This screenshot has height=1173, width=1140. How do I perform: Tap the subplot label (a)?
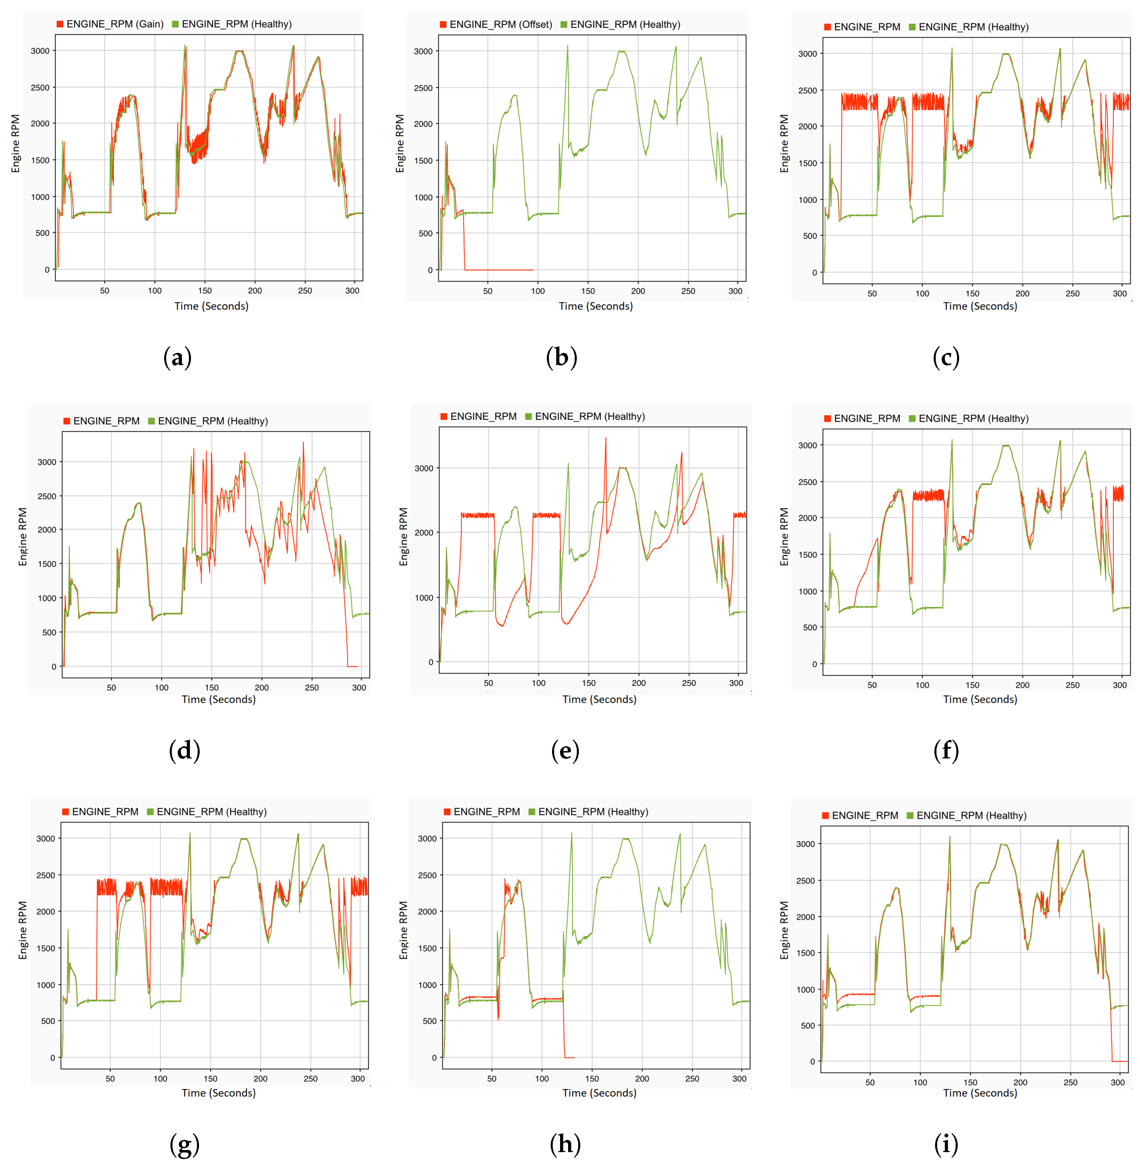coord(177,357)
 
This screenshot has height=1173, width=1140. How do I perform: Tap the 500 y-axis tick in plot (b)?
coord(425,233)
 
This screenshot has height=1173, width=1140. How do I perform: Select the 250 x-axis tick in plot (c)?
coord(1072,293)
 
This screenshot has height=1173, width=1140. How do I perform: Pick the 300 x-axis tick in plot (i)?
coord(1117,1082)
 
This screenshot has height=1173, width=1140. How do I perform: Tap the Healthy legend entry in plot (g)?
coord(211,811)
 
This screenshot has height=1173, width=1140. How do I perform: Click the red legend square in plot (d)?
coord(67,421)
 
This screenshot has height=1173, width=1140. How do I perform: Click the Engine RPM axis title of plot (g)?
coord(23,930)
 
